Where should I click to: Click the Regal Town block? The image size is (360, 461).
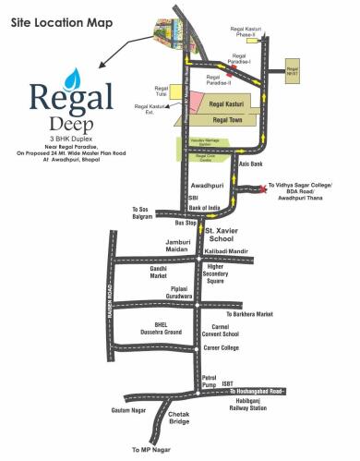click(x=233, y=120)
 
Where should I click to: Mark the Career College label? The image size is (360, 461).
click(x=222, y=348)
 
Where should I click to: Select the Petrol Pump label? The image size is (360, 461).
click(x=214, y=380)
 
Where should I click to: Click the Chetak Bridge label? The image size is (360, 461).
click(x=179, y=419)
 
